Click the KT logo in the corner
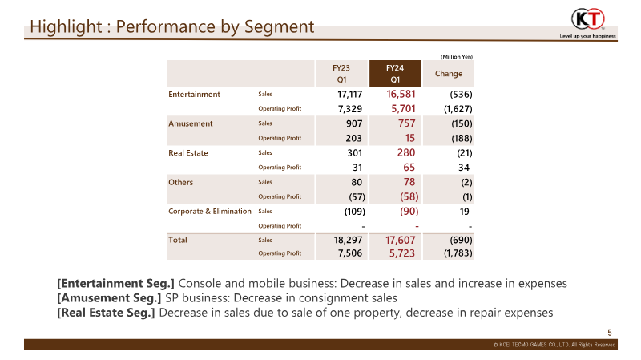pyautogui.click(x=588, y=18)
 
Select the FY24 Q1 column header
pyautogui.click(x=395, y=74)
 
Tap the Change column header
pyautogui.click(x=449, y=74)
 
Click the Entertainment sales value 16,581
pyautogui.click(x=401, y=94)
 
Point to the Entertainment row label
pyautogui.click(x=194, y=95)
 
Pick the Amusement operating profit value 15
pyautogui.click(x=410, y=138)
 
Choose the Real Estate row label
pyautogui.click(x=188, y=153)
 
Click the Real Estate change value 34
pyautogui.click(x=464, y=168)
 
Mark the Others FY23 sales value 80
pyautogui.click(x=357, y=182)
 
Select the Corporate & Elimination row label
pyautogui.click(x=210, y=212)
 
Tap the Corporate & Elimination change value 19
pyautogui.click(x=464, y=212)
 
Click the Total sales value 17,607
pyautogui.click(x=400, y=241)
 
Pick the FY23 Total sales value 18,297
pyautogui.click(x=348, y=241)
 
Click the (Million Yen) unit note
pyautogui.click(x=457, y=56)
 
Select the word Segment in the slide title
pyautogui.click(x=279, y=27)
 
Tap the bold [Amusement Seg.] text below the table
pyautogui.click(x=109, y=298)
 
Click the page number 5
pyautogui.click(x=610, y=333)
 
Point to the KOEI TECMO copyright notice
pyautogui.click(x=554, y=345)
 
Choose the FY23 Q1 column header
pyautogui.click(x=341, y=74)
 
